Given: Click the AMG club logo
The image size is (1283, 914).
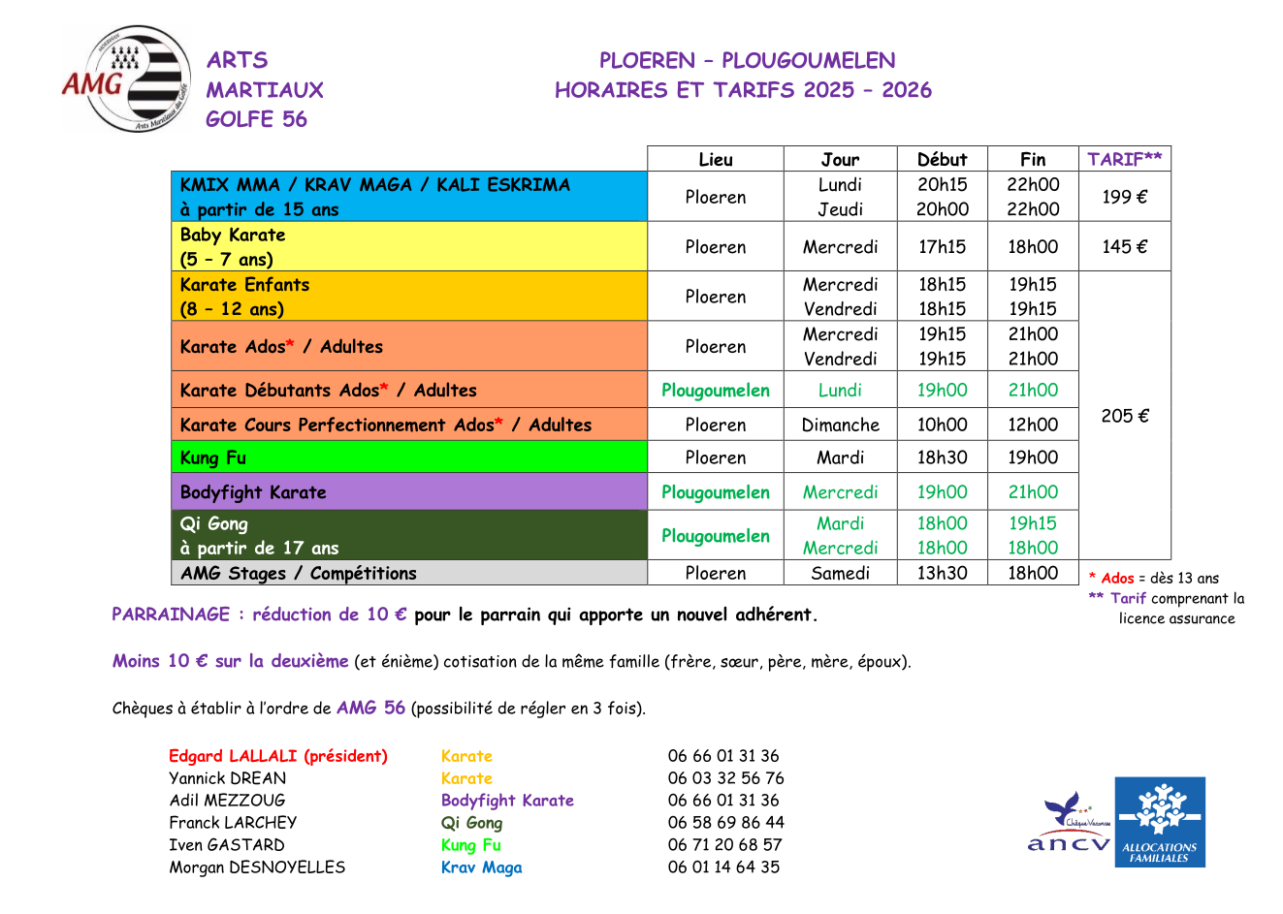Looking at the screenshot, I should (127, 79).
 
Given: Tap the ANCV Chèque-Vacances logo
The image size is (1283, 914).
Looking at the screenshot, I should (1070, 824).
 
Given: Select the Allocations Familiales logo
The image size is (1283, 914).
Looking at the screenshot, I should (1159, 822).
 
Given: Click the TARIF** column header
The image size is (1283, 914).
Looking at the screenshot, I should (1124, 159).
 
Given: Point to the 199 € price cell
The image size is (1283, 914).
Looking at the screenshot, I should (1124, 197).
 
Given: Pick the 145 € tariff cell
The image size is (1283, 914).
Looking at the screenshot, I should (1124, 246).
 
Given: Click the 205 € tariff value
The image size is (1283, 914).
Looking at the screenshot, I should (1124, 416).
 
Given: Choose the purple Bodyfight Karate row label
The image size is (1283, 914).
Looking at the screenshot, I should (253, 492).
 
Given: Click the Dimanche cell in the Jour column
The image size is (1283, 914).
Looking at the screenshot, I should (840, 425).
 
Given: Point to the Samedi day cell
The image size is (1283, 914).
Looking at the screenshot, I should (840, 573).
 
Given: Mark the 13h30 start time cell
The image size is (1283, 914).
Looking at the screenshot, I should (942, 573).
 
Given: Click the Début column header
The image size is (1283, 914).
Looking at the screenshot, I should (942, 159).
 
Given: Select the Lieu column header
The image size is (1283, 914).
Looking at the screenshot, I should (716, 159).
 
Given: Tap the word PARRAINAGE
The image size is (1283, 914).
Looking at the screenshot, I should (171, 615).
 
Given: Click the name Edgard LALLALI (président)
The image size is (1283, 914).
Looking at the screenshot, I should (278, 756).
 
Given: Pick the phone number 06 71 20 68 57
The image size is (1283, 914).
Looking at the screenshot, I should (724, 845).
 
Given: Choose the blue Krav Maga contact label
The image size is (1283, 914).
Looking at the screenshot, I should (481, 867).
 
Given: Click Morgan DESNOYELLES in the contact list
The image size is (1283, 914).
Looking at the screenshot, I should (257, 867).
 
